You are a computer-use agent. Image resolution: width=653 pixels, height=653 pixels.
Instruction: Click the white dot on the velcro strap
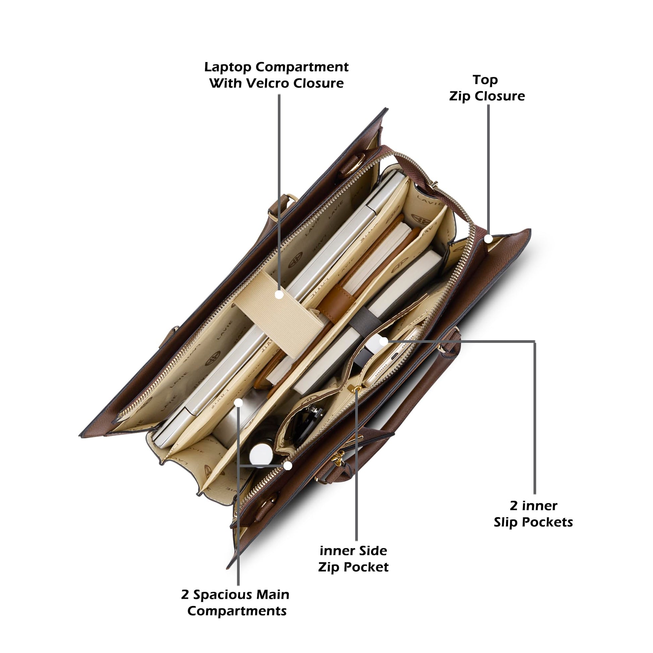(x=279, y=294)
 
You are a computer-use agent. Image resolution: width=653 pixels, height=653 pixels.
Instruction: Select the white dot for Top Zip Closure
(x=488, y=239)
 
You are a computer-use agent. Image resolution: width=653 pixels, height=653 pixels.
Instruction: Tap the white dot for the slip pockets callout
(x=383, y=341)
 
